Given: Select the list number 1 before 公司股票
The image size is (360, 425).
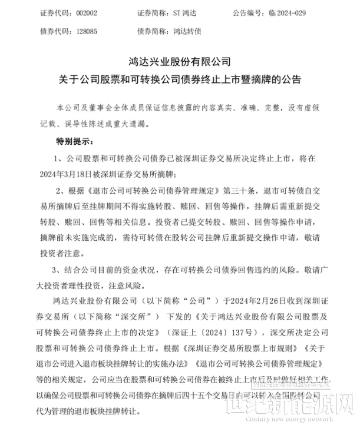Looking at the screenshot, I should click(x=57, y=160).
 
